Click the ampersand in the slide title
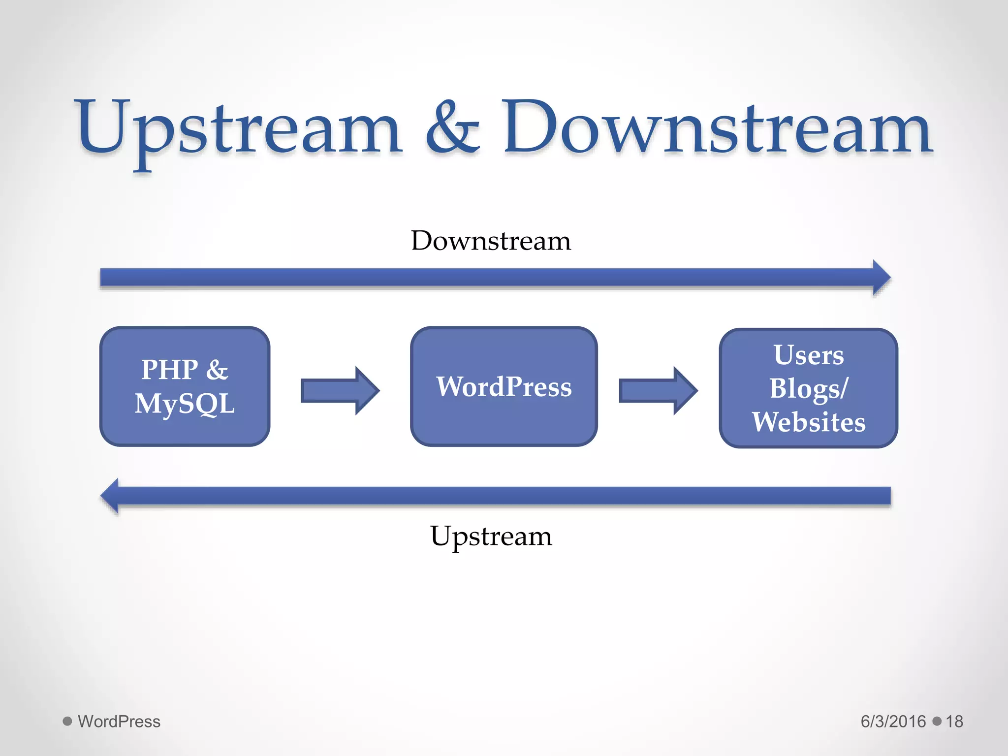click(x=452, y=129)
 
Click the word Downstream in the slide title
click(x=717, y=129)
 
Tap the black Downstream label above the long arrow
click(x=491, y=241)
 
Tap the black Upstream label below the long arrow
click(x=491, y=536)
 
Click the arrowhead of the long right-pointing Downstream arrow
click(x=881, y=278)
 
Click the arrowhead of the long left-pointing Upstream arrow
click(x=111, y=496)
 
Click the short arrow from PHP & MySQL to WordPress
click(x=340, y=391)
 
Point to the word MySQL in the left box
click(x=185, y=404)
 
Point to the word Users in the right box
click(x=809, y=355)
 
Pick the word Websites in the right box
click(x=809, y=422)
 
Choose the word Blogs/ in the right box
click(x=809, y=388)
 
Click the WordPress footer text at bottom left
click(x=119, y=722)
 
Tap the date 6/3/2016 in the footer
click(x=893, y=722)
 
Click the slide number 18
click(x=954, y=722)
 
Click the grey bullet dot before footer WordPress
click(x=67, y=721)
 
